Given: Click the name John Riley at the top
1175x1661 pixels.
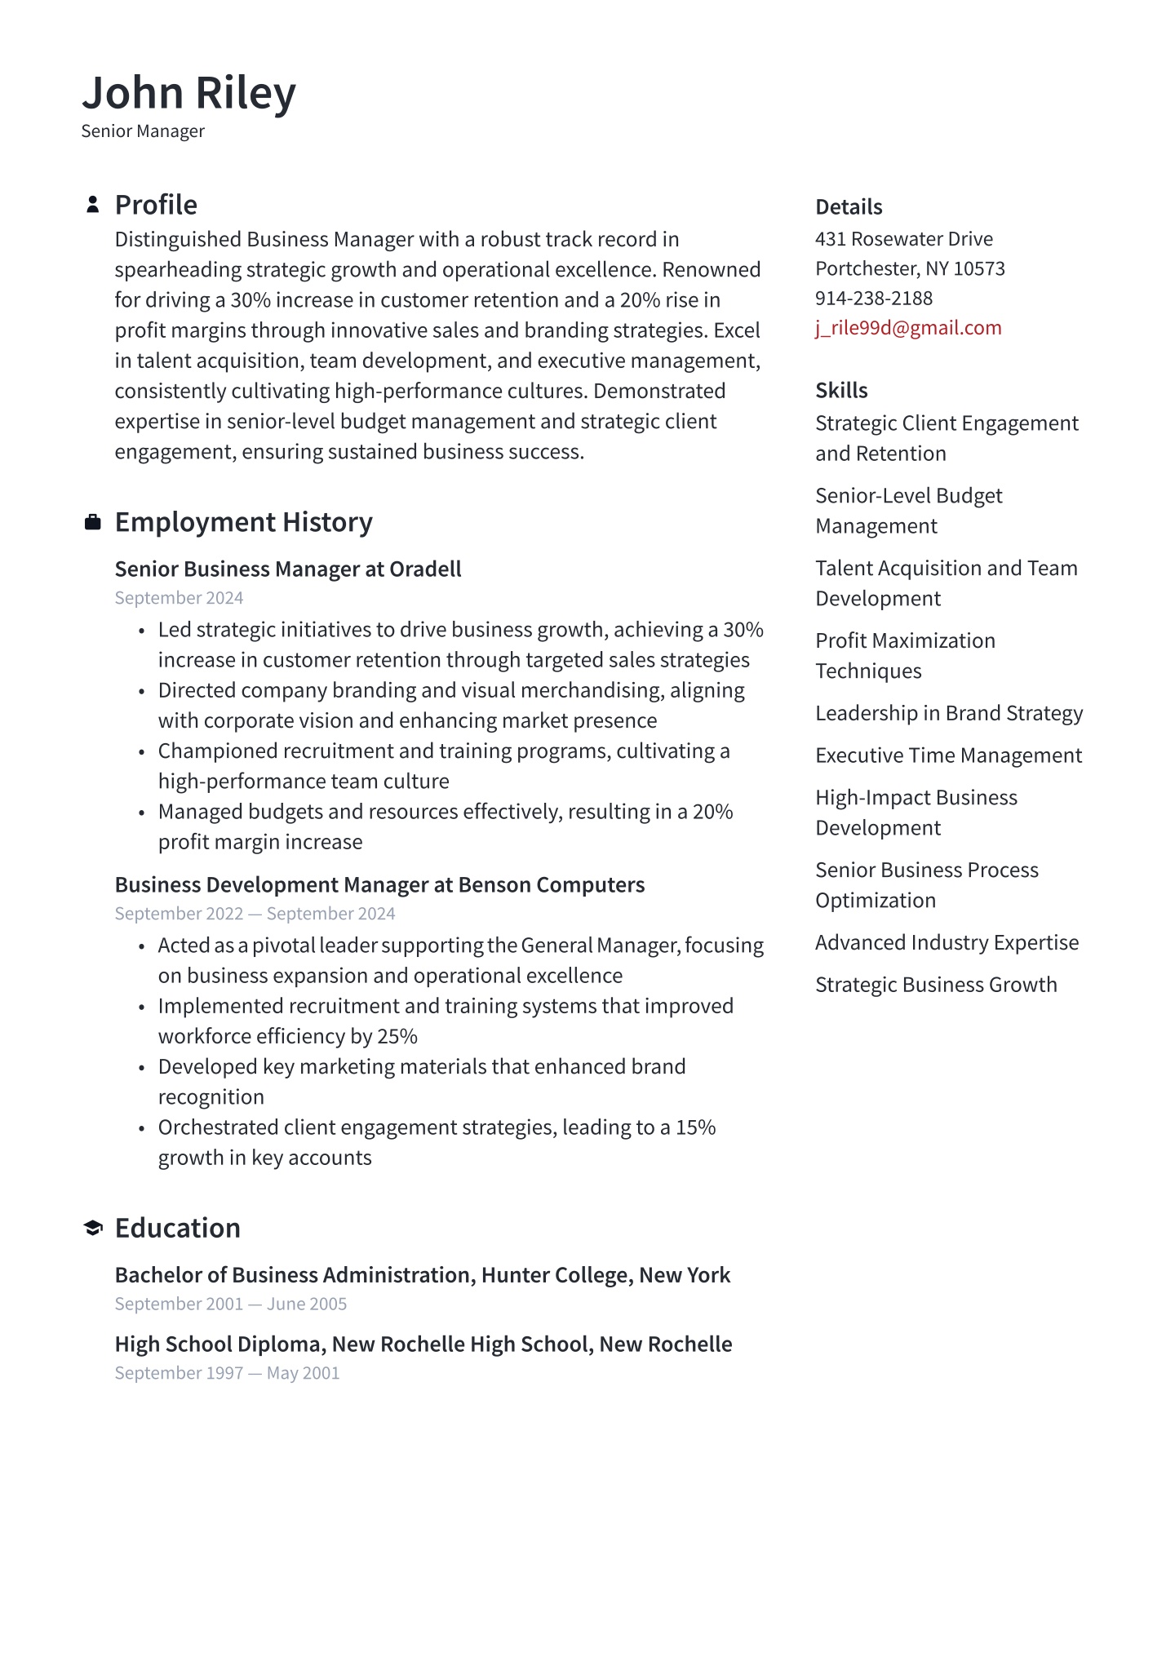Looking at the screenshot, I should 188,93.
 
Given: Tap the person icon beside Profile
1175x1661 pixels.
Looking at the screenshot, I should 93,205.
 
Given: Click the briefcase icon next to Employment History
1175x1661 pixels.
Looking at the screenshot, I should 93,522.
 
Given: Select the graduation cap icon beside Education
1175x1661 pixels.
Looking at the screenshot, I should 93,1228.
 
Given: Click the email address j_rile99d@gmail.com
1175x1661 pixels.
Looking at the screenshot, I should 908,328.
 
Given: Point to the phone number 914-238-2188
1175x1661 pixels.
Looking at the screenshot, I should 873,299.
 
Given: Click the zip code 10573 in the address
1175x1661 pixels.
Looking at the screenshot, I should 979,269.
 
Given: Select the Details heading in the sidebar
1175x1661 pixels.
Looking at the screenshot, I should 849,207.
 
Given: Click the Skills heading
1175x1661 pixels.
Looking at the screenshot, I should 841,391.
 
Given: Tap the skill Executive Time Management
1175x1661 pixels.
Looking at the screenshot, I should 948,756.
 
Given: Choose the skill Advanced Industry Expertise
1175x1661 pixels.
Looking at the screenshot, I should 947,943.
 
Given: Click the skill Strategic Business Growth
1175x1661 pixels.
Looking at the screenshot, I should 936,986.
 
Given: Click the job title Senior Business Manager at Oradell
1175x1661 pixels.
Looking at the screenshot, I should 288,569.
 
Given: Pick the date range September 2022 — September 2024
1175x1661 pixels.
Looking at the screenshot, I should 255,914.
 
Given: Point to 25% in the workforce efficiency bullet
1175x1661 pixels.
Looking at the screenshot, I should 397,1037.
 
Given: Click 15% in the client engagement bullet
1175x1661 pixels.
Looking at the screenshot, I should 695,1128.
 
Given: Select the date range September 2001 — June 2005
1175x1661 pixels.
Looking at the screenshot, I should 231,1304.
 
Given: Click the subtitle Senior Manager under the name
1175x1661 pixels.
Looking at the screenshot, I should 143,131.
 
